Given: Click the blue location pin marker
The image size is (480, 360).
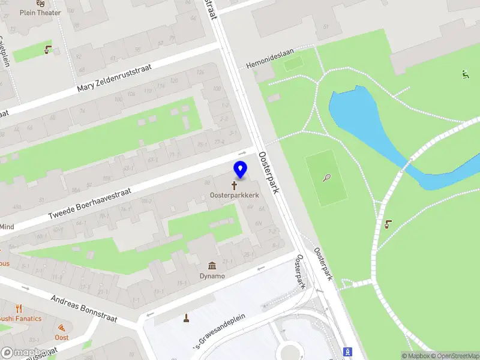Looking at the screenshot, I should tap(240, 170).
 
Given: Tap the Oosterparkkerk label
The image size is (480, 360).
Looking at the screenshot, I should tap(234, 196).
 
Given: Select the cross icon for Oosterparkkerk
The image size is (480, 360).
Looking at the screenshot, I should tap(234, 185).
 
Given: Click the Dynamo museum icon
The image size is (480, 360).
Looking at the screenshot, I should tap(212, 266).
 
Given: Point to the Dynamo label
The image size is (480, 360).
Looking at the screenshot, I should tap(212, 276).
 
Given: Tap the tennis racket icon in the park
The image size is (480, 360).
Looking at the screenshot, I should tap(326, 178).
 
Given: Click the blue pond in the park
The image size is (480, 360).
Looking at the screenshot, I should tap(360, 120).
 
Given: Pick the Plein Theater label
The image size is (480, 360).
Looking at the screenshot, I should tap(40, 12).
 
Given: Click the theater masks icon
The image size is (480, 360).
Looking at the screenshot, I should tap(41, 2).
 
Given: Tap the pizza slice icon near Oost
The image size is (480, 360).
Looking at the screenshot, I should tap(62, 328).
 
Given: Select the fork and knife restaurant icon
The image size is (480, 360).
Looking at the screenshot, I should tap(19, 308).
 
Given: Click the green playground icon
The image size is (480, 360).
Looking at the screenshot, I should tap(465, 74).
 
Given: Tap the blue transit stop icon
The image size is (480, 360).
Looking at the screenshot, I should tap(346, 352).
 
